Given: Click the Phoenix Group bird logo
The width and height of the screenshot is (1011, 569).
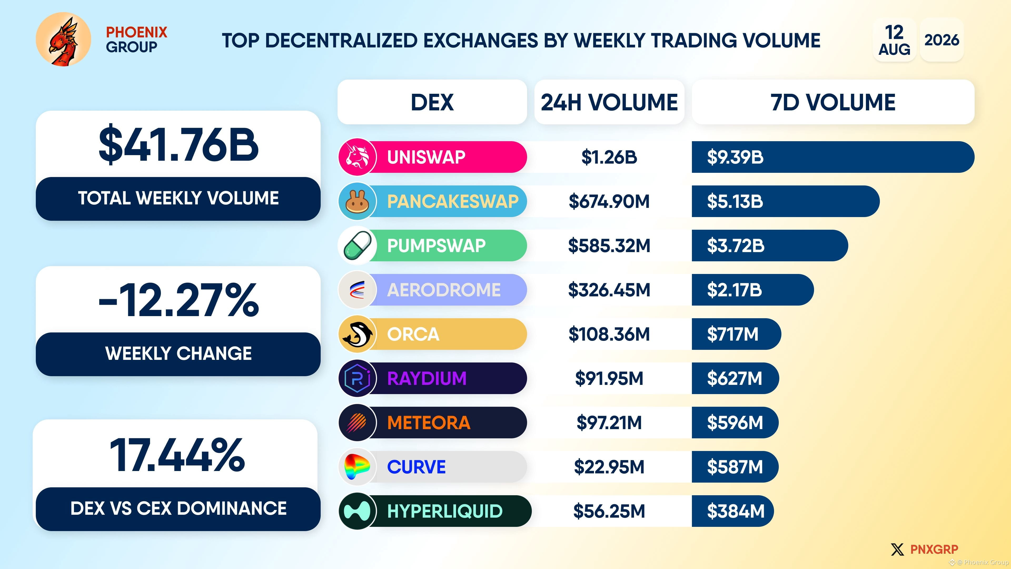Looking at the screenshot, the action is tap(63, 39).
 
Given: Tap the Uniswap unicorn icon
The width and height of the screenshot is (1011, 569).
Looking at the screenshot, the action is tap(358, 157).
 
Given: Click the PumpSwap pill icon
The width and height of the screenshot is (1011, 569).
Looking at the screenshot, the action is tap(358, 246).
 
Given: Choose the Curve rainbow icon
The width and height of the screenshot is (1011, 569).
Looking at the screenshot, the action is tap(358, 467).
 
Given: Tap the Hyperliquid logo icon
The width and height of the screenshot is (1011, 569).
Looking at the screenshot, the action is tap(358, 511).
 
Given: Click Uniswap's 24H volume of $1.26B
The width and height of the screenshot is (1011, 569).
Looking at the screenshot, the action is tap(609, 157).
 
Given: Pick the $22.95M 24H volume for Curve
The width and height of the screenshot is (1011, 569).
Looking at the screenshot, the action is tap(609, 467).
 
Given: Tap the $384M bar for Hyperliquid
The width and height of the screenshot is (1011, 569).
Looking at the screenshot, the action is tap(733, 511).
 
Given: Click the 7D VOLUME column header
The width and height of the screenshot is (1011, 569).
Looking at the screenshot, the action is tap(833, 102).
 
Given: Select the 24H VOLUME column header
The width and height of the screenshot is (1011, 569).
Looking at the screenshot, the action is tap(609, 102).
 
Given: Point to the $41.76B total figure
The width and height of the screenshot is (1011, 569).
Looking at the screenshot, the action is tap(179, 145).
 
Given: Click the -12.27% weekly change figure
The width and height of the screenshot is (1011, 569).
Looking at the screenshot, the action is tap(179, 300).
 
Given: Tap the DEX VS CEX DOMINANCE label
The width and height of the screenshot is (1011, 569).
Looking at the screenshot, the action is tap(179, 508).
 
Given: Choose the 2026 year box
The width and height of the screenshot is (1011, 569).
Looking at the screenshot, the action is tap(941, 40).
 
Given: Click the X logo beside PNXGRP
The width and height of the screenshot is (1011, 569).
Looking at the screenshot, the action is tap(897, 549).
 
